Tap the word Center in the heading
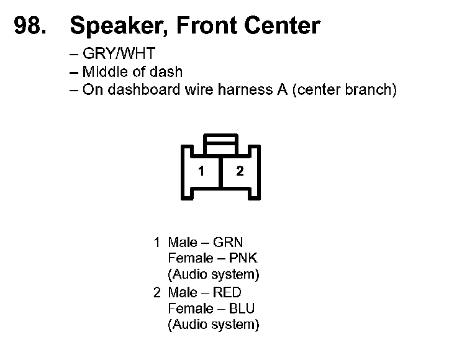[x=281, y=25]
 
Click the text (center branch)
[x=344, y=89]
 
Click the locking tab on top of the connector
[x=220, y=143]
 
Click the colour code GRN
[x=228, y=242]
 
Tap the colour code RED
[x=227, y=292]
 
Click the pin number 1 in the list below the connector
[x=157, y=242]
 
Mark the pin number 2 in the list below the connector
[x=157, y=292]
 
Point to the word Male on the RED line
[x=182, y=292]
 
